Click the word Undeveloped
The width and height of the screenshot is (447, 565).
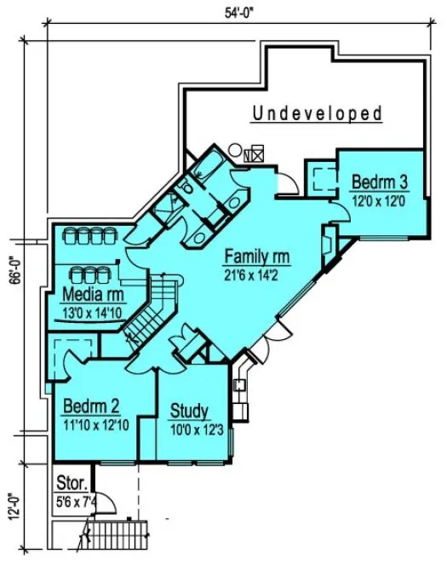tap(318, 112)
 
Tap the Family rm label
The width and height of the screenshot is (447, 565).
tap(257, 256)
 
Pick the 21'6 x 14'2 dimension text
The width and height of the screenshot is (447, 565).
tap(257, 274)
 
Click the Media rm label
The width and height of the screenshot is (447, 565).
tap(94, 295)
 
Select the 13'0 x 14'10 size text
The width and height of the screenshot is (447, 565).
tap(94, 312)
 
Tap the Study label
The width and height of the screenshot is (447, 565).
tap(189, 412)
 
